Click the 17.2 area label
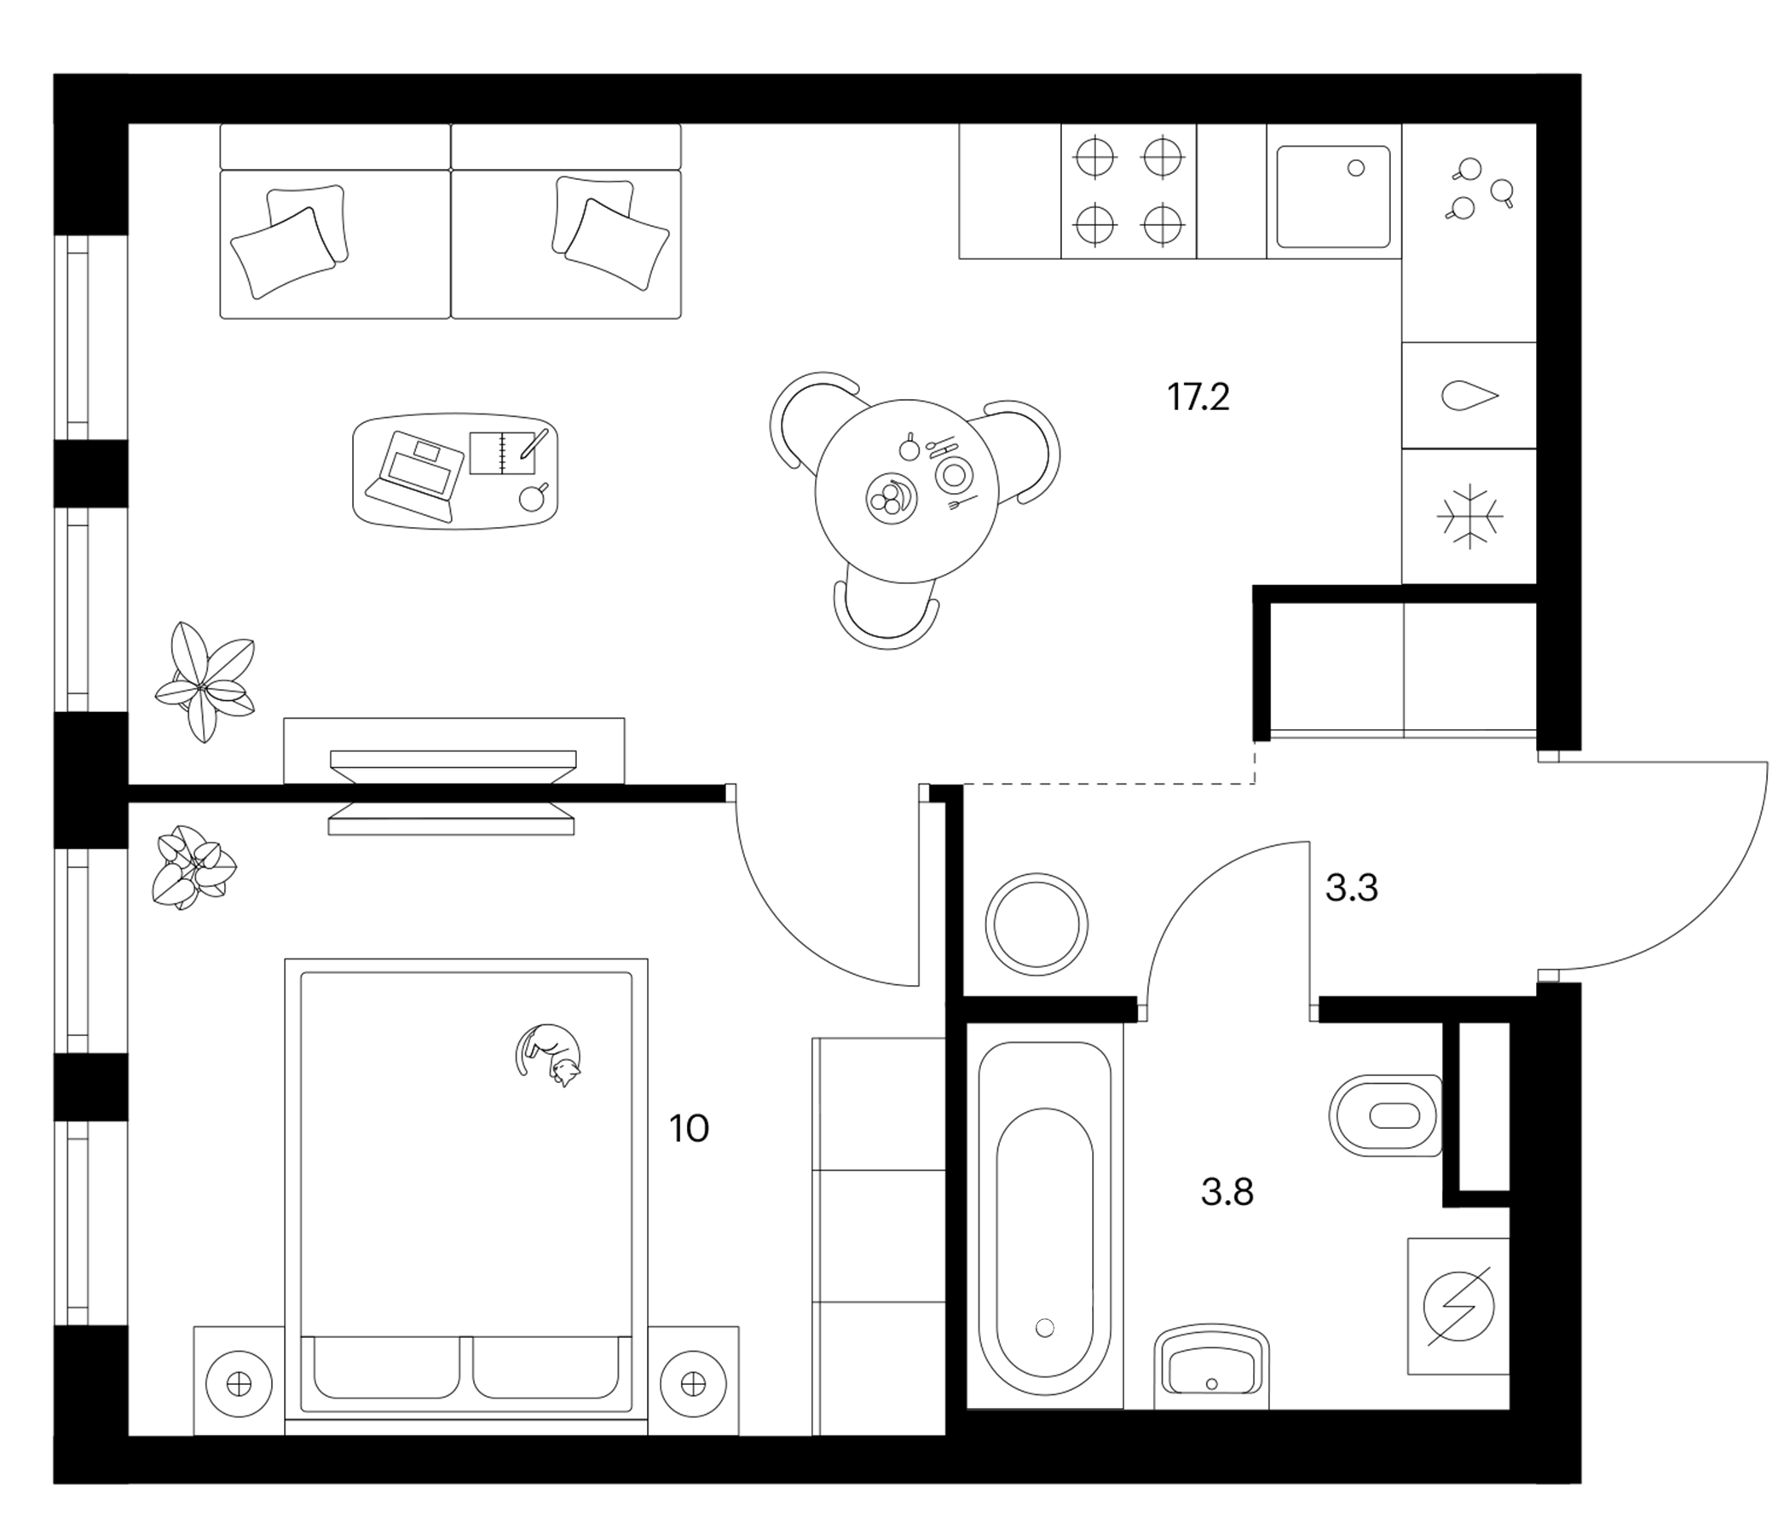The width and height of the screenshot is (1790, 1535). (x=1198, y=397)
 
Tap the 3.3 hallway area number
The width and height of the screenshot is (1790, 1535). (x=1351, y=889)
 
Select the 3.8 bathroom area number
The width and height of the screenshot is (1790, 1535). (x=1227, y=1193)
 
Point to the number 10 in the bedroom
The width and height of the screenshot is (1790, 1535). (x=689, y=1129)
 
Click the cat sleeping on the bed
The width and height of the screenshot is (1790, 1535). (x=550, y=1053)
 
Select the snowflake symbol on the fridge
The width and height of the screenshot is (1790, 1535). (x=1470, y=517)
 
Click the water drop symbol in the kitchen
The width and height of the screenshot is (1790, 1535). (x=1470, y=396)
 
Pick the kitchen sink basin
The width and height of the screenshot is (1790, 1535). (x=1334, y=197)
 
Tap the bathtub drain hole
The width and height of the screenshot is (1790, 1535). (x=1045, y=1327)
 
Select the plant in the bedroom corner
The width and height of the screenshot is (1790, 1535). (x=193, y=867)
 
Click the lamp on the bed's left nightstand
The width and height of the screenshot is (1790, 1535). (x=239, y=1384)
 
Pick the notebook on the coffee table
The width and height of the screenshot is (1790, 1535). (x=504, y=451)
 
